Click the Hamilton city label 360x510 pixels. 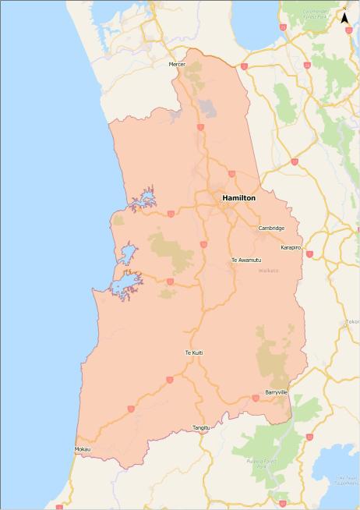(x=238, y=198)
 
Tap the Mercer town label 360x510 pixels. (x=178, y=64)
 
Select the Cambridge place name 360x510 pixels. (x=271, y=228)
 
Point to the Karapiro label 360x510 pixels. (x=291, y=247)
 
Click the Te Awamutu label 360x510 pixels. (x=245, y=260)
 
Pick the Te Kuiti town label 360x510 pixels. (x=193, y=353)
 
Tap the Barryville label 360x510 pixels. (x=277, y=391)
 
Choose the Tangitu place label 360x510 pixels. (x=201, y=428)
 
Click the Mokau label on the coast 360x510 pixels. (x=83, y=450)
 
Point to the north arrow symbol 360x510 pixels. (x=344, y=16)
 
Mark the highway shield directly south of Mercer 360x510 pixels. (x=200, y=126)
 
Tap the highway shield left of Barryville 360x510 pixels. (x=255, y=398)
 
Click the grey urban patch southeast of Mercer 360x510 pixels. (x=207, y=107)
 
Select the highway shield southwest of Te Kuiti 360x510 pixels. (x=169, y=381)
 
